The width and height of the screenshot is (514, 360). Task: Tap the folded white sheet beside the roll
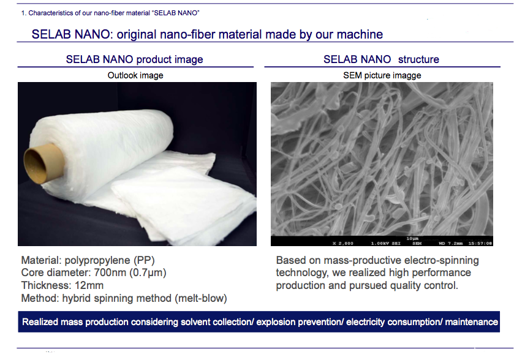tap(184, 200)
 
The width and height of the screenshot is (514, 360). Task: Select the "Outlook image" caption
tap(135, 76)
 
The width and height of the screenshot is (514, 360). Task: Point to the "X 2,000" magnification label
tap(343, 244)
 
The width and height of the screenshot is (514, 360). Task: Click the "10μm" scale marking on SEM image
tap(412, 239)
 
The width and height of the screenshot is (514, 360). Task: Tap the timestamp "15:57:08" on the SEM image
tap(480, 244)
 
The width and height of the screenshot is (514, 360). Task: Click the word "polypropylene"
tap(97, 260)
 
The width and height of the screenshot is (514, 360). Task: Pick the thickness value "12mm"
tap(89, 285)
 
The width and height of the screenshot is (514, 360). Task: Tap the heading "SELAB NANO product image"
tap(134, 59)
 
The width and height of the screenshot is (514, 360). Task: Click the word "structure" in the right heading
tap(418, 59)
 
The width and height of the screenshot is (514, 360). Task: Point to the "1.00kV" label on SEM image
tap(379, 244)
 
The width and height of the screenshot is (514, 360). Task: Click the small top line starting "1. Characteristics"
tap(110, 13)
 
